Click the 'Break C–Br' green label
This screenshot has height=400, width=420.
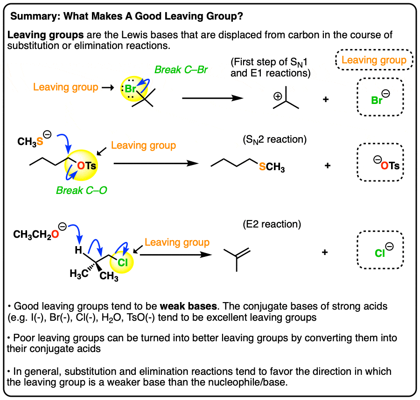point(181,70)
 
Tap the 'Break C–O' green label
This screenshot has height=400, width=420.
point(81,190)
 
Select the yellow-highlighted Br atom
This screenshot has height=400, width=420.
point(131,89)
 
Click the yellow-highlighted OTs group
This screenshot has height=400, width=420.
point(86,166)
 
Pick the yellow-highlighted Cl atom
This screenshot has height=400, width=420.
point(123,262)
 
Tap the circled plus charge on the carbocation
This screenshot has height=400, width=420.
point(278,96)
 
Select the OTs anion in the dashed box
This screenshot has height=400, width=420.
point(386,164)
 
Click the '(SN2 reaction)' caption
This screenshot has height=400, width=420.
point(274,139)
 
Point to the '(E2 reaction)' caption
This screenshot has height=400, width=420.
point(272,224)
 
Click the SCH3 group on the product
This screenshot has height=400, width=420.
point(272,167)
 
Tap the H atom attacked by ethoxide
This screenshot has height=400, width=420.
point(78,250)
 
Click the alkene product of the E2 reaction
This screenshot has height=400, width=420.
point(237,259)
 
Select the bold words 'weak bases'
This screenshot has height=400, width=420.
point(189,306)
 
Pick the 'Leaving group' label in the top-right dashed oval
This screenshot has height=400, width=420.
point(374,60)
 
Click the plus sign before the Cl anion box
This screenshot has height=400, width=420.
point(325,252)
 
